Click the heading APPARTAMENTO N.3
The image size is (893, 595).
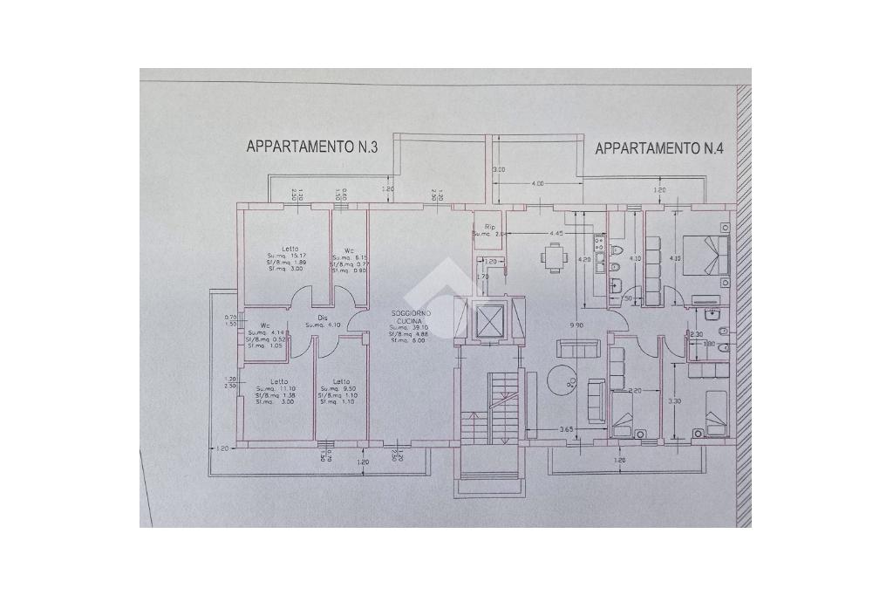[x=311, y=147]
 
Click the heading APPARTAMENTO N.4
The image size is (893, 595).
[x=660, y=148]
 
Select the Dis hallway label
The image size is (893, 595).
[x=322, y=317]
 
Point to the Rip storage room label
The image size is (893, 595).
[x=489, y=227]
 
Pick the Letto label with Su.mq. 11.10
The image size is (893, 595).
[x=278, y=381]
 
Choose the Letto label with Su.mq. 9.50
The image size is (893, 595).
[x=341, y=381]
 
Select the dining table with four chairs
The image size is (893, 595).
[x=552, y=256]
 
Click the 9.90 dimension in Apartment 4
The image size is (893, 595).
[x=576, y=325]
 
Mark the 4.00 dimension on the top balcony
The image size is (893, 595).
[x=537, y=183]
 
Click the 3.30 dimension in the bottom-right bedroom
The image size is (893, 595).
[x=672, y=401]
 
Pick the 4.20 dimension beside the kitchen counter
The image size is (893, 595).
[x=586, y=259]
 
